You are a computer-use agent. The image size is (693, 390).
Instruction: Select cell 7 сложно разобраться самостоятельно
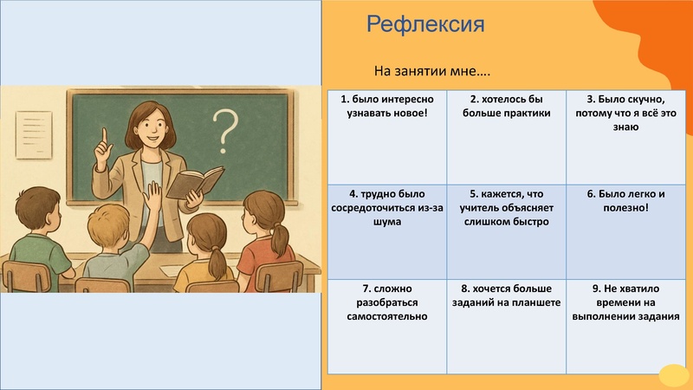click(386, 326)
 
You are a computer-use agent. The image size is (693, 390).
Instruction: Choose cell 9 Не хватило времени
click(625, 326)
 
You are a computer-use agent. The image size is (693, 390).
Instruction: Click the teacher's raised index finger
click(103, 136)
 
